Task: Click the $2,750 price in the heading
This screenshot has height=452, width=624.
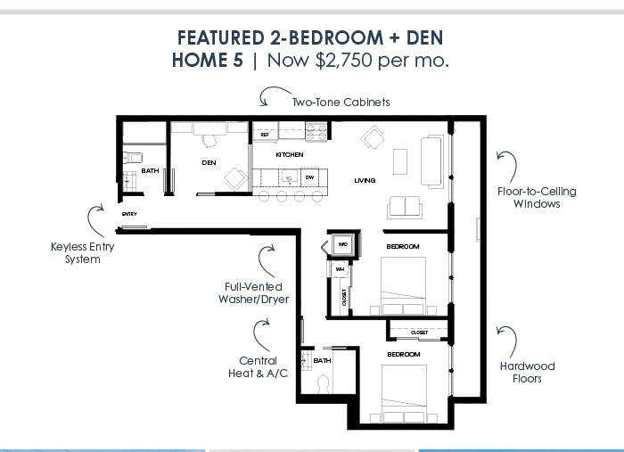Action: click(344, 61)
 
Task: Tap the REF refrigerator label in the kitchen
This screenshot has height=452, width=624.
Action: click(265, 135)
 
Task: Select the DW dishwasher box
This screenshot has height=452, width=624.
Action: click(309, 177)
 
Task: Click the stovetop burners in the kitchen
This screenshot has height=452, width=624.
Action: click(316, 132)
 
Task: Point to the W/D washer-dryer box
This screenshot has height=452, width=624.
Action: click(343, 244)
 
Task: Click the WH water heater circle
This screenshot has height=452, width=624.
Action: click(340, 269)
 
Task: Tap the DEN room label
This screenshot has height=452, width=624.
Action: click(209, 163)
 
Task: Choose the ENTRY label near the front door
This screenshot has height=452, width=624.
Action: click(129, 214)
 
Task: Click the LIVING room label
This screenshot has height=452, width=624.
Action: click(365, 181)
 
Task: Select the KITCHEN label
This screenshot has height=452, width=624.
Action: click(290, 155)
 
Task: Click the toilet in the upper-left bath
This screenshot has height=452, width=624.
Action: click(133, 158)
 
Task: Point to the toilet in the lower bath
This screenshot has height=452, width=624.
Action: click(323, 383)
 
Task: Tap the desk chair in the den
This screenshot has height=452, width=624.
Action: click(209, 141)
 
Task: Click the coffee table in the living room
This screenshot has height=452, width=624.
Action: click(400, 161)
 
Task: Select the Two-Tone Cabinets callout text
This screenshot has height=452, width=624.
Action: click(341, 103)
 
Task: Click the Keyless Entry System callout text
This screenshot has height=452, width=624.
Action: click(83, 253)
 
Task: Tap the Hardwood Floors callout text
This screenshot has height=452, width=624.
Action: click(528, 372)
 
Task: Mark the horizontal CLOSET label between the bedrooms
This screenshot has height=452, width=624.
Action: click(420, 333)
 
